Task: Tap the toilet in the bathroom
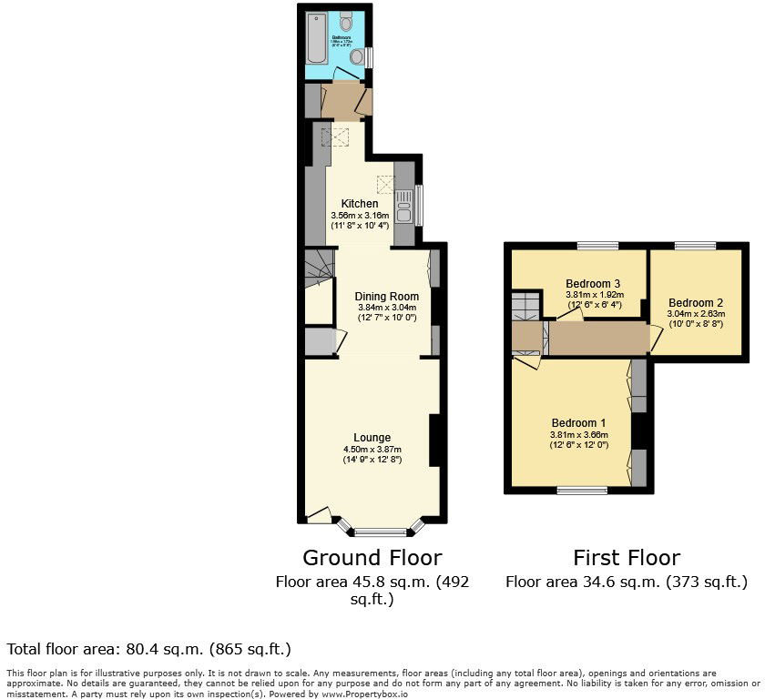[358, 56]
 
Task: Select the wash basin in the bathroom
[348, 21]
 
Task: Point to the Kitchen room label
[359, 203]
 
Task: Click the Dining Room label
[387, 296]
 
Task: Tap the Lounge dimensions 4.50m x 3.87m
[372, 450]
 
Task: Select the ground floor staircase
[319, 268]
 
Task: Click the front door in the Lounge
[318, 516]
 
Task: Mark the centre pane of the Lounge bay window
[381, 532]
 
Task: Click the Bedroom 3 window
[597, 245]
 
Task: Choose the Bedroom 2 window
[695, 245]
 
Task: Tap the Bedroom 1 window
[582, 491]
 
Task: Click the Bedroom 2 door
[655, 339]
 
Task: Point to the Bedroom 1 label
[578, 423]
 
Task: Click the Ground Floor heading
[372, 557]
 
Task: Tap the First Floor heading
[627, 557]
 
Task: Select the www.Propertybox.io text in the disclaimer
[364, 694]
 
